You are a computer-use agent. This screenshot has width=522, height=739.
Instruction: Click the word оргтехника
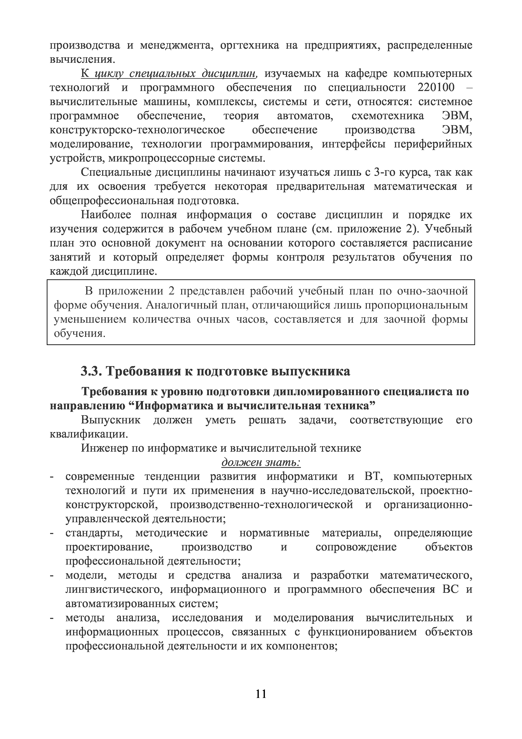tap(250, 45)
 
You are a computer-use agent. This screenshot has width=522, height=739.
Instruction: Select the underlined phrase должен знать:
tap(261, 463)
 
